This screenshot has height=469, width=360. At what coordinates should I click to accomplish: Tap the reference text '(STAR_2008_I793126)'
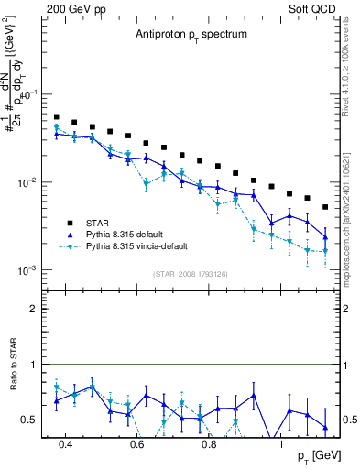point(191,272)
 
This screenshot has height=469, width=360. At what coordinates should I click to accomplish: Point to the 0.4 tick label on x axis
point(65,445)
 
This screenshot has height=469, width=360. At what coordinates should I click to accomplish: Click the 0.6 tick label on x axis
point(136,445)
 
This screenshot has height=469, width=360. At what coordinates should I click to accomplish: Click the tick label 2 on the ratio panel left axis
point(32,309)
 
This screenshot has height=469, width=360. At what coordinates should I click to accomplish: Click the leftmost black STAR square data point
point(57,117)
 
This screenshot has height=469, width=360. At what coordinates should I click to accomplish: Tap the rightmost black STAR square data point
point(325,207)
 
